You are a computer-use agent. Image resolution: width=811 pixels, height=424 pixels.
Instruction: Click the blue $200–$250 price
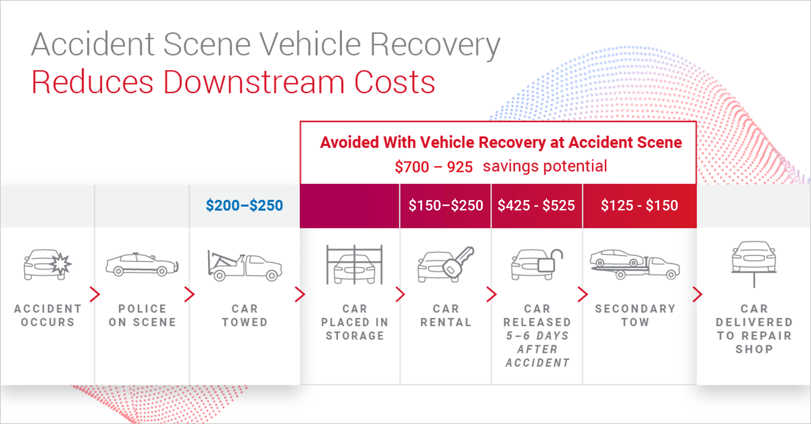click(244, 205)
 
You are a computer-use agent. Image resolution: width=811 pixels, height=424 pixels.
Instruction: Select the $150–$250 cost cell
click(446, 206)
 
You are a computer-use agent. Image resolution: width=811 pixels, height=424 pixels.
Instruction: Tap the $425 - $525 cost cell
click(536, 206)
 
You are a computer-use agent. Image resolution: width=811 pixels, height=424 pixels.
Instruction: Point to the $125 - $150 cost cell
click(640, 206)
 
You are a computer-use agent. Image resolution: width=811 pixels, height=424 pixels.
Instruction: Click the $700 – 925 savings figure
click(433, 167)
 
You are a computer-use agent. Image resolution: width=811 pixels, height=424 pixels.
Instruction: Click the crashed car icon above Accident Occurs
click(47, 265)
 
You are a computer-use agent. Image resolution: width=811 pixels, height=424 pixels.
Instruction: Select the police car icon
click(142, 265)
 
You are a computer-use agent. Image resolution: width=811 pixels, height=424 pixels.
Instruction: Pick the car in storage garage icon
click(354, 265)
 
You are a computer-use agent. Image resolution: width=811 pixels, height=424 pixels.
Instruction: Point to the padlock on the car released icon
click(550, 261)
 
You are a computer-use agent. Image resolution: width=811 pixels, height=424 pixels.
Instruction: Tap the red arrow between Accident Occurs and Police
click(95, 294)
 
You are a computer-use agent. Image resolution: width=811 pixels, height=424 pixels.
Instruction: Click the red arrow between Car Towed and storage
click(300, 294)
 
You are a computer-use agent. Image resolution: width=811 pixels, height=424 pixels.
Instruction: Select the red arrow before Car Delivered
click(697, 294)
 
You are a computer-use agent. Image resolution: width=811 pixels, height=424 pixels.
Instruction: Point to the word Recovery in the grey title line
click(435, 45)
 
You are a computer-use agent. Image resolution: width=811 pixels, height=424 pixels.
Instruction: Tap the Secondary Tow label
click(635, 315)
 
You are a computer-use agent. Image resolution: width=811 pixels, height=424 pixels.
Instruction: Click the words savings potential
click(545, 166)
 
